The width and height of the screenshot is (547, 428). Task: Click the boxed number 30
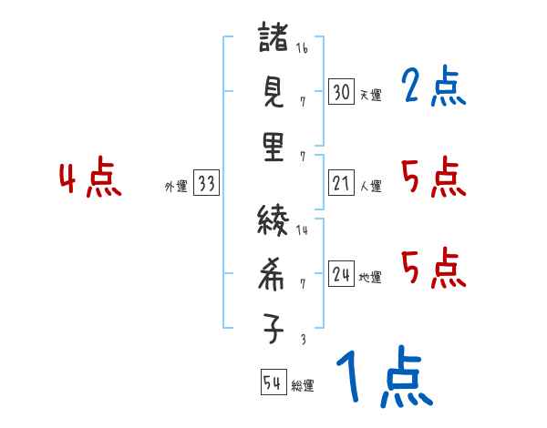point(341,92)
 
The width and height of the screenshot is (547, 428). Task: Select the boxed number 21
point(341,184)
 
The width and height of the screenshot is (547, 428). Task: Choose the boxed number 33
point(206,184)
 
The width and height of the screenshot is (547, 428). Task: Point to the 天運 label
point(370,95)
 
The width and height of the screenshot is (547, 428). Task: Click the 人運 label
point(370,186)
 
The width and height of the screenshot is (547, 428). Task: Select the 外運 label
point(176,186)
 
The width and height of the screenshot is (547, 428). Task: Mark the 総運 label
point(303,385)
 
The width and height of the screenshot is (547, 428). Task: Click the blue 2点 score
point(433,87)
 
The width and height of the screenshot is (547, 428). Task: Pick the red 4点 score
point(90,179)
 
